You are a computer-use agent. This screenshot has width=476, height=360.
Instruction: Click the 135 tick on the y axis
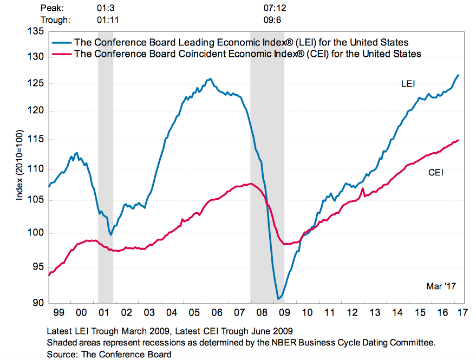[x=37, y=31]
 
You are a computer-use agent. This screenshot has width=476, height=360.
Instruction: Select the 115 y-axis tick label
[x=37, y=139]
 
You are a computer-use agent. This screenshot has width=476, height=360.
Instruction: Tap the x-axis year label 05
[x=193, y=313]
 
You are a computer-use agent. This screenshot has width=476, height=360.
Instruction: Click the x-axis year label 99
[x=57, y=313]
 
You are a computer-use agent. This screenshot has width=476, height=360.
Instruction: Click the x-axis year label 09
[x=284, y=313]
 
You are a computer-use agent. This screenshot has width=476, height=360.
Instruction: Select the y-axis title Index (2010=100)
[x=19, y=166]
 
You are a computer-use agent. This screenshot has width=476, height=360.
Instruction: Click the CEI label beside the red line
[x=436, y=173]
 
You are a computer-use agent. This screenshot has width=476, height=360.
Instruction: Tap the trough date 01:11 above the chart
[x=107, y=20]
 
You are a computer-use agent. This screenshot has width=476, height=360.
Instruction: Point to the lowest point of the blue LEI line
[x=278, y=299]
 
